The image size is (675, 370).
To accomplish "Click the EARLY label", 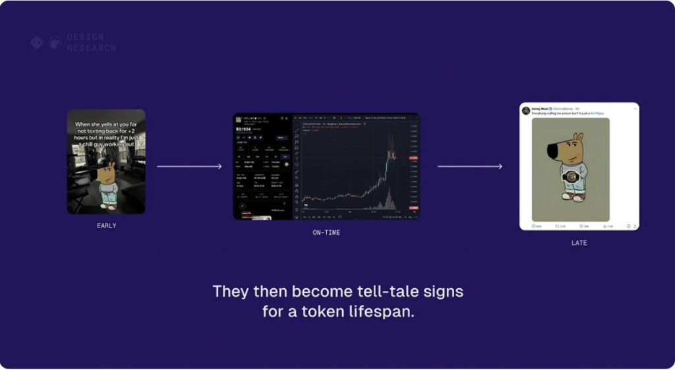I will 106,226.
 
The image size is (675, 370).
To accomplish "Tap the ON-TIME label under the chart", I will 326,233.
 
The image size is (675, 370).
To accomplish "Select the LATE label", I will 579,243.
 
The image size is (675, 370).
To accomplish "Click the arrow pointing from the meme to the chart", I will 189,166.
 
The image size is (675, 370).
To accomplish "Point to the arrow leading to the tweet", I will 469,166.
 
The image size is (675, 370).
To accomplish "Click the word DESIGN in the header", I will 85,38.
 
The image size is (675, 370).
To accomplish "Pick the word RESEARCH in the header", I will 91,48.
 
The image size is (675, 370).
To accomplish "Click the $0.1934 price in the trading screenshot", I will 245,129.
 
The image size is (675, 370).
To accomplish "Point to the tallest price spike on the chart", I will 390,137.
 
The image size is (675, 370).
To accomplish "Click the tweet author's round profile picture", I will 526,109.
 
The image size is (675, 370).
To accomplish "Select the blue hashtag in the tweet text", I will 597,113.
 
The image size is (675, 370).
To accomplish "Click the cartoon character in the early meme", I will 107,185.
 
